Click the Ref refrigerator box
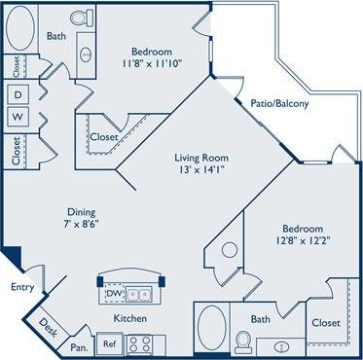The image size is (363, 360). (x=111, y=342)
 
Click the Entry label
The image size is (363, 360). (x=21, y=287)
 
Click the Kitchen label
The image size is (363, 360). (x=128, y=318)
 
